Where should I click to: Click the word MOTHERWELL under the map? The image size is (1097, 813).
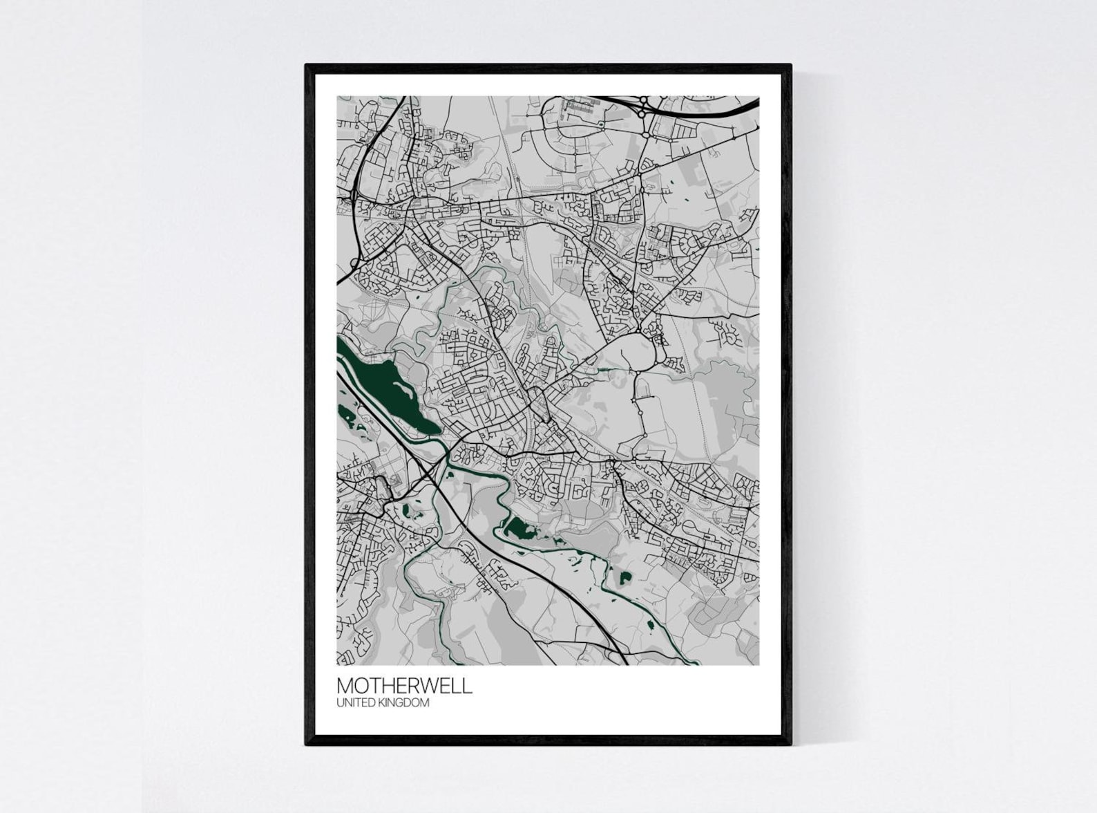click(x=404, y=686)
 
